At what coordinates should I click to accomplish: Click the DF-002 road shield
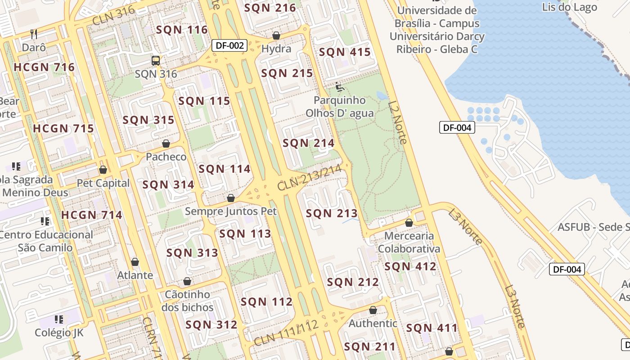(x=230, y=45)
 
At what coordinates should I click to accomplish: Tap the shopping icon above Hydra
(x=276, y=36)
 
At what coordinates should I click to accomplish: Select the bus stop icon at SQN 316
(x=156, y=61)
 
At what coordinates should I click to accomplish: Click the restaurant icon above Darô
(x=34, y=34)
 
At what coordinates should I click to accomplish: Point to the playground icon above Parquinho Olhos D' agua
(x=340, y=87)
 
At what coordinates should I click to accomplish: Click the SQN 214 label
(x=308, y=143)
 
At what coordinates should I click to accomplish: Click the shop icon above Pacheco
(x=166, y=144)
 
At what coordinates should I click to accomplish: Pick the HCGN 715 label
(x=63, y=128)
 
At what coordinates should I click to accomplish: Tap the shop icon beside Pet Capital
(x=103, y=170)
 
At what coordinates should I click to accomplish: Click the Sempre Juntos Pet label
(x=231, y=211)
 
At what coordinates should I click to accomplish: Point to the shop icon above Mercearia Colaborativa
(x=409, y=223)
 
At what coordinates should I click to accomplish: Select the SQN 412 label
(x=410, y=266)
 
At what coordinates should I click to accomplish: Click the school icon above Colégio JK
(x=59, y=319)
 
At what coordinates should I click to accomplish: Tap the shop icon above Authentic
(x=373, y=310)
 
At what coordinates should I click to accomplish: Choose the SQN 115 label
(x=204, y=101)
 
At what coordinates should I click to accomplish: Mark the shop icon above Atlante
(x=135, y=262)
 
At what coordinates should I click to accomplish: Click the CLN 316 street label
(x=113, y=17)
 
